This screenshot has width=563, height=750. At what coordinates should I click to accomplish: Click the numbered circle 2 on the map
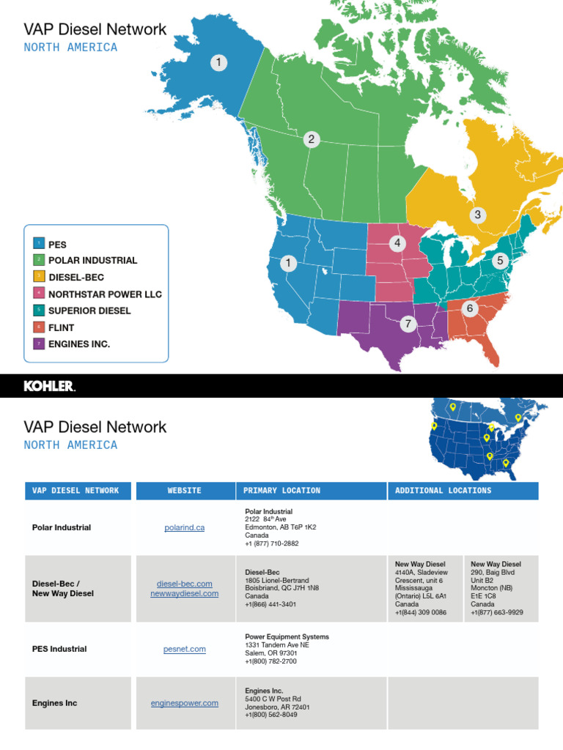click(x=312, y=139)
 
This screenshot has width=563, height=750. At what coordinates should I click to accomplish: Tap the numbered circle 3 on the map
click(x=478, y=215)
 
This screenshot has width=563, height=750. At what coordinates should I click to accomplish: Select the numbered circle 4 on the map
click(x=397, y=243)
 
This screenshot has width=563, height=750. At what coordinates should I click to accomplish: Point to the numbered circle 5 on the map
click(x=501, y=260)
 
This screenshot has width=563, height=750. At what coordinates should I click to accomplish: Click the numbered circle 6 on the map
click(x=470, y=309)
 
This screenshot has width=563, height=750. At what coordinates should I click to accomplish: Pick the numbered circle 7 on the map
click(x=408, y=324)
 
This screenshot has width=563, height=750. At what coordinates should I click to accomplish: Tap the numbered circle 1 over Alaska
click(x=218, y=63)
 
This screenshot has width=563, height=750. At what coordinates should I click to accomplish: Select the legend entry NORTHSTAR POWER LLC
click(x=105, y=294)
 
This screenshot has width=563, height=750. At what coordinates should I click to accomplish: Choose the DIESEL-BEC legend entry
click(x=76, y=277)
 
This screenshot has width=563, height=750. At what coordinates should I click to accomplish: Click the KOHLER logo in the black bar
click(x=50, y=386)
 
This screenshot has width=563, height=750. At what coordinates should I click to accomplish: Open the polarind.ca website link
click(x=185, y=527)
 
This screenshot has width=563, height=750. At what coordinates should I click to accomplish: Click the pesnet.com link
click(x=185, y=649)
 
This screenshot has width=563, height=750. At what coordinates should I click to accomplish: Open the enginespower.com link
click(x=185, y=703)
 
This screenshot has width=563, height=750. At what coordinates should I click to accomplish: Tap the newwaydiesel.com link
click(x=185, y=593)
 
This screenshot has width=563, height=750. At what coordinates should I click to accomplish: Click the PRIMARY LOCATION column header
click(x=282, y=491)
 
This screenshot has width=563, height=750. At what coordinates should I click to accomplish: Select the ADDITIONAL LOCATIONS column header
click(x=444, y=491)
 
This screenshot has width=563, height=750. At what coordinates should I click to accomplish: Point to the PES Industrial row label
click(x=59, y=649)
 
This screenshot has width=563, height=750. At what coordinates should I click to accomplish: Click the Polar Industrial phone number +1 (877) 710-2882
click(x=271, y=543)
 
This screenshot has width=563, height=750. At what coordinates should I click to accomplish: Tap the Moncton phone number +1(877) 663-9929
click(x=497, y=612)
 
